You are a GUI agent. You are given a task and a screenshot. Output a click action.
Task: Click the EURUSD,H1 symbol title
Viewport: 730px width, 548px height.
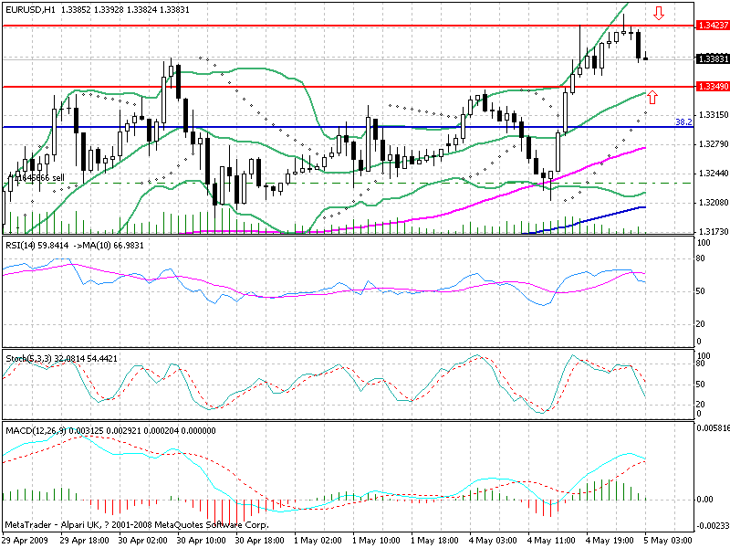click(32, 7)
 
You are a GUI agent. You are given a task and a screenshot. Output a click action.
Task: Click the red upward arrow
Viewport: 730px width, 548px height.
click(652, 96)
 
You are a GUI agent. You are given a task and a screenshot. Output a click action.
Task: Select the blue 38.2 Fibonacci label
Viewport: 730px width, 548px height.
click(683, 121)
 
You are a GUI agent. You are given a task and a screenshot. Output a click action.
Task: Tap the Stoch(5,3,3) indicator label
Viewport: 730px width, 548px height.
click(28, 358)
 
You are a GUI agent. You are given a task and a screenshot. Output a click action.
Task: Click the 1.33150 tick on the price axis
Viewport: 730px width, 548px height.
click(710, 115)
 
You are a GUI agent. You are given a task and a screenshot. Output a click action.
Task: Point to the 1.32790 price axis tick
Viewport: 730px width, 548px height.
click(710, 144)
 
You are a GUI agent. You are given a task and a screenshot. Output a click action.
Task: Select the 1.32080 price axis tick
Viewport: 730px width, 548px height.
click(710, 202)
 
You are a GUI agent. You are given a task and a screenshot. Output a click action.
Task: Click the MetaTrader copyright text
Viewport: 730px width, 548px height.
click(137, 526)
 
